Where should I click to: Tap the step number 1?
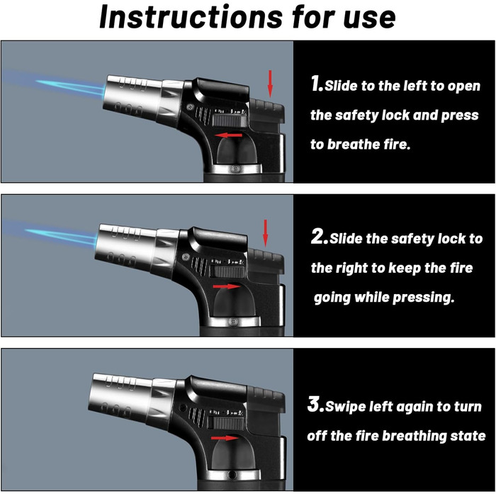coord(317,84)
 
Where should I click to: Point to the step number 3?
coord(315,404)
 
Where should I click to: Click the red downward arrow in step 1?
coord(270,84)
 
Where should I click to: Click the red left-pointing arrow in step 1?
coord(228,135)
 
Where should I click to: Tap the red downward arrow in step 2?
coord(266,233)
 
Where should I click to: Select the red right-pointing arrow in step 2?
coord(227,286)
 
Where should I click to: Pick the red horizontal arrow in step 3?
coord(225,438)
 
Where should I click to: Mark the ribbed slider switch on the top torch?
coord(230,120)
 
